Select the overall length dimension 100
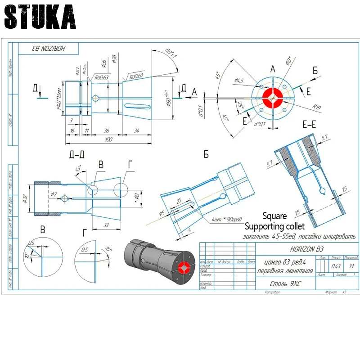108,140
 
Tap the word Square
274,216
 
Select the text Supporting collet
274,225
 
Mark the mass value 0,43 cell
336,265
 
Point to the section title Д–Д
77,154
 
